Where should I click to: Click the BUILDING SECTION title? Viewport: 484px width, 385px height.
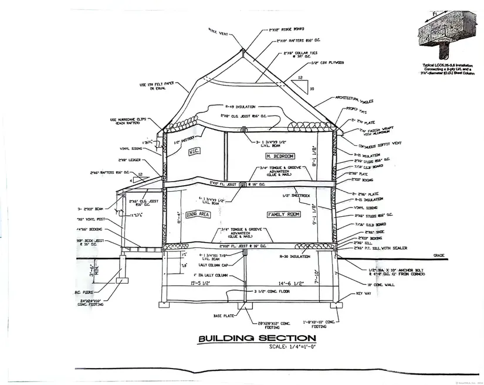257,338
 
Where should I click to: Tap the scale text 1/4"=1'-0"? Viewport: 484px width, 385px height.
292,347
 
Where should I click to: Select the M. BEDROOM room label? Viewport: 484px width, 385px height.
279,156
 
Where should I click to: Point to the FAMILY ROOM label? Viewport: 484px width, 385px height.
284,214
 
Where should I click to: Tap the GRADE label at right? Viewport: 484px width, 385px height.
438,255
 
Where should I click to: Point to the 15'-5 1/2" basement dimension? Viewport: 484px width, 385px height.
201,283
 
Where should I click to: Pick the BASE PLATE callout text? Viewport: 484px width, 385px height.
224,315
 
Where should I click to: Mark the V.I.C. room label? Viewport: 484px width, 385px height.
194,152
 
